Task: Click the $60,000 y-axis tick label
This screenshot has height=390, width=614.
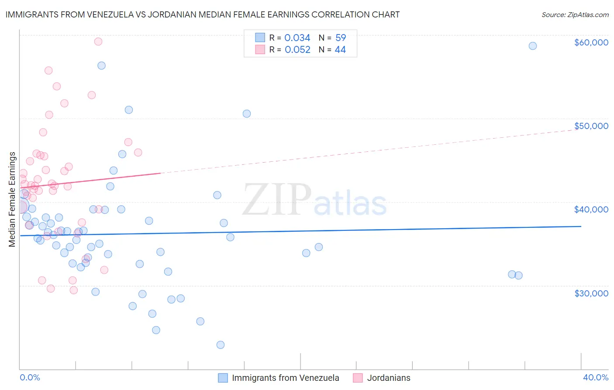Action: pos(591,42)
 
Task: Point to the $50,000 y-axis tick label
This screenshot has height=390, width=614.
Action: pos(591,126)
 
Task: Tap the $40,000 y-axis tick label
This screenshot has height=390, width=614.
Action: pos(591,209)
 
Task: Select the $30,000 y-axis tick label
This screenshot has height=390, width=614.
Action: pos(591,293)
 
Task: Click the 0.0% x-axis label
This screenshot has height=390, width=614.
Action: pos(30,377)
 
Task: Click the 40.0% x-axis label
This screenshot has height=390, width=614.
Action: pos(595,377)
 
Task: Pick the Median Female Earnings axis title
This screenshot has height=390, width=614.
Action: pos(12,199)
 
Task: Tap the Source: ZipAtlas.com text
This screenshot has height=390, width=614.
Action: pos(575,14)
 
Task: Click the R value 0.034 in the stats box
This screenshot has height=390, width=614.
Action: pos(297,38)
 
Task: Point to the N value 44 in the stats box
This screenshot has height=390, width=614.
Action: pos(340,49)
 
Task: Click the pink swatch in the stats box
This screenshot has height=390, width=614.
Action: pos(260,49)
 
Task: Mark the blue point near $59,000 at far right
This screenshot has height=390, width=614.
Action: pos(532,46)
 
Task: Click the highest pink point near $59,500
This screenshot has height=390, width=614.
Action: pos(98,42)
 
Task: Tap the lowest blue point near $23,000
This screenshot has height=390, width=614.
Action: pos(221,345)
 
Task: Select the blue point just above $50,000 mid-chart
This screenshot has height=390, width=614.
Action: pos(247,114)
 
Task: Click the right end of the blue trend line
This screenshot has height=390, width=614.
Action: pos(581,226)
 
